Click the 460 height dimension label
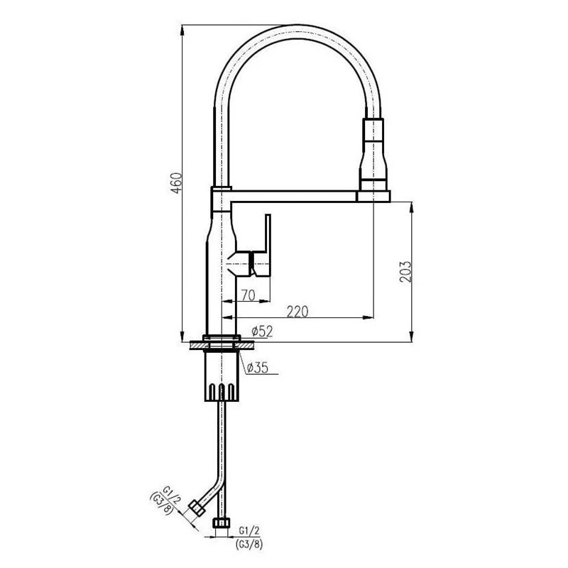[176, 183]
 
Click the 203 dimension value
[405, 272]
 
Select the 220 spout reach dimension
[297, 311]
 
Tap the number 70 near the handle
[248, 295]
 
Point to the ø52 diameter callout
[262, 331]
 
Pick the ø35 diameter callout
[257, 368]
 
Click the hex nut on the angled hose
[197, 508]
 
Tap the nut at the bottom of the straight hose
[221, 523]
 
